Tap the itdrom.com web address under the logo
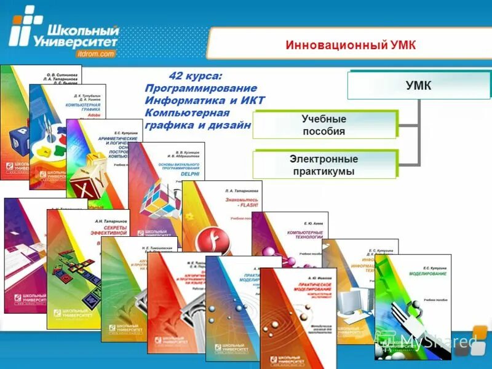pyautogui.click(x=97, y=54)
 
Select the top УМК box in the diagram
pyautogui.click(x=418, y=85)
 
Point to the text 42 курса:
pyautogui.click(x=195, y=76)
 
